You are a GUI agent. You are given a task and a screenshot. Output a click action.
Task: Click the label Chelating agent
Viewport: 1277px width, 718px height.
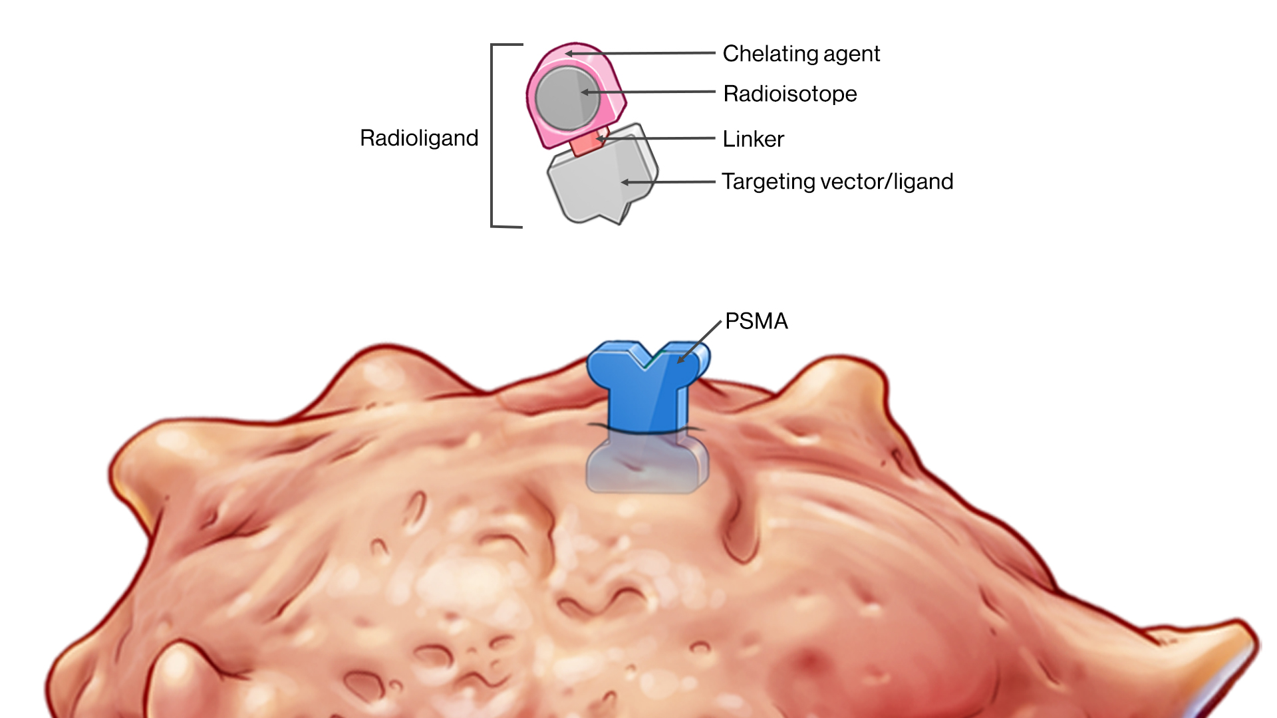click(x=801, y=54)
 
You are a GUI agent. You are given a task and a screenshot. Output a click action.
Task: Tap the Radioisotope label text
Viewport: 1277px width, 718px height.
click(x=789, y=94)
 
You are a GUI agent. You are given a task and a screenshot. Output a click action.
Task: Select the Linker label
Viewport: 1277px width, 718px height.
click(x=753, y=139)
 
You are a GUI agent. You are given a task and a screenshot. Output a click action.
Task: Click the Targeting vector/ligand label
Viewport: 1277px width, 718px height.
click(x=837, y=181)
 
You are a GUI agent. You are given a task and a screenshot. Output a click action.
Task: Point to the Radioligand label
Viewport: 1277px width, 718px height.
click(x=419, y=138)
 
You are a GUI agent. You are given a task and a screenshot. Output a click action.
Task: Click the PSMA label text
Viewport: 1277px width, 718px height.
click(x=756, y=321)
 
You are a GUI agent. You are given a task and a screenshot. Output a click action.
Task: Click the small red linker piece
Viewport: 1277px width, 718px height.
click(x=585, y=144)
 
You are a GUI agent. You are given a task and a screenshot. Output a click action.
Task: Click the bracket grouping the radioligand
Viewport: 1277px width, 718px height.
click(x=492, y=136)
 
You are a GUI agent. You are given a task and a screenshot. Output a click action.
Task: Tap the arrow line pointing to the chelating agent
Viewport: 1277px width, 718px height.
click(x=645, y=53)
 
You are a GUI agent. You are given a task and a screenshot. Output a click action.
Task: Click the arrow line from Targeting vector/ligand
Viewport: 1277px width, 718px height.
click(x=672, y=181)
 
